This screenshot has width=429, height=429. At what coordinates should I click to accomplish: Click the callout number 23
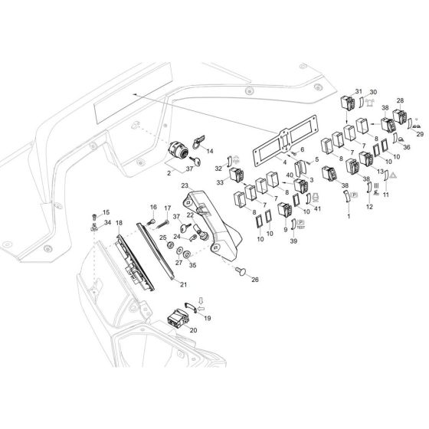(185, 185)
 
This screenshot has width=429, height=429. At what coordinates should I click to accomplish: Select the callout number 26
(255, 280)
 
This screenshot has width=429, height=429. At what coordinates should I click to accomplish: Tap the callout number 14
(210, 151)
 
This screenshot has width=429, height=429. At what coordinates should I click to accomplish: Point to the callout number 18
(119, 223)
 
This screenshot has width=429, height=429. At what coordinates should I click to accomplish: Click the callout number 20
(193, 330)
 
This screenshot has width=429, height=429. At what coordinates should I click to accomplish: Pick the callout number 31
(359, 91)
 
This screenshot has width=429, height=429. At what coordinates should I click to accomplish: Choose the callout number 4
(285, 162)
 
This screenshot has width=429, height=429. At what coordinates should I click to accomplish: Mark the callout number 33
(220, 182)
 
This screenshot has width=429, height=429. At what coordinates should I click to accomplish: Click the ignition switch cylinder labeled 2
(178, 150)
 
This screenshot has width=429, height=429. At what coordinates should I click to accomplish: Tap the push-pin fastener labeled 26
(241, 271)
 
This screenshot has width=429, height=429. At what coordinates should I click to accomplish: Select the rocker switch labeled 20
(177, 319)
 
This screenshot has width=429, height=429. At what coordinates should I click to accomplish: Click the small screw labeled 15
(94, 217)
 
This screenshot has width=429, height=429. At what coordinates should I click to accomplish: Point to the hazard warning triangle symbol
(393, 175)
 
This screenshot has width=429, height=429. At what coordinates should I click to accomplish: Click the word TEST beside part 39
(300, 228)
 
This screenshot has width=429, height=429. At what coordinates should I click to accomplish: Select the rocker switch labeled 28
(400, 116)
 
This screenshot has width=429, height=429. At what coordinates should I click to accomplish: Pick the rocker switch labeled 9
(285, 211)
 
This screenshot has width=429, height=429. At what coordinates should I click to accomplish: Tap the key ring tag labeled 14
(199, 142)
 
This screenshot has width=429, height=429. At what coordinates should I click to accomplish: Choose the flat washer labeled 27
(180, 250)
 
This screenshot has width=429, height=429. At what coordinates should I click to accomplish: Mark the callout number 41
(317, 208)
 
